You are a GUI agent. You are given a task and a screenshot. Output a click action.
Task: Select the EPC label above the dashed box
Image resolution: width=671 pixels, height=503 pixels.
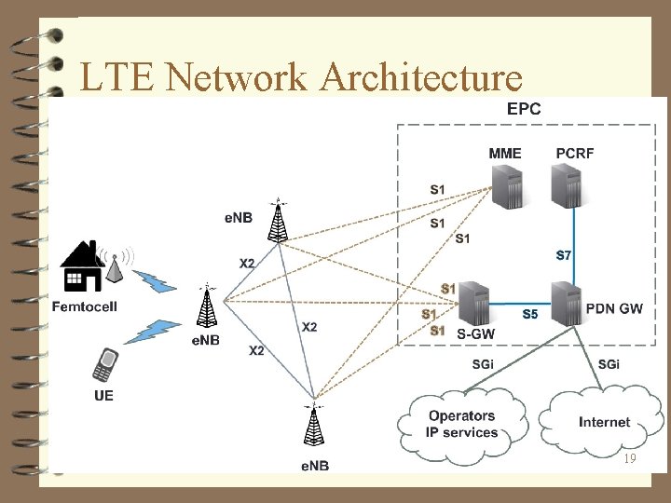[x=523, y=108]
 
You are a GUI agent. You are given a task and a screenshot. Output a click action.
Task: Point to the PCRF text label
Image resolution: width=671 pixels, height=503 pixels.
[x=574, y=153]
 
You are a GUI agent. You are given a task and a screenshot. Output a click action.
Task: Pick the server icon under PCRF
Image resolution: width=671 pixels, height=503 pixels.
[x=568, y=185]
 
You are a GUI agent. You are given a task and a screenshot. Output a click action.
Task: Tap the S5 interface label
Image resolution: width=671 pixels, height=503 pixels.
[x=529, y=315]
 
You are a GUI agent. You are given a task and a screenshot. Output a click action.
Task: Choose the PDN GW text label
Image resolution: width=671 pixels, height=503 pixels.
[x=614, y=309]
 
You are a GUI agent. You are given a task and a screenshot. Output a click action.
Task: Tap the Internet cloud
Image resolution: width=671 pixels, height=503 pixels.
[x=604, y=422]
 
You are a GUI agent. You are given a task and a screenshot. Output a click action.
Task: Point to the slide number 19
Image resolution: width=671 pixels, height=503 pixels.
[x=630, y=459]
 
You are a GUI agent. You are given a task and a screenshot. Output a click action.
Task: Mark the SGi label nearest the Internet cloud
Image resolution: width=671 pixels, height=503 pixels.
[x=609, y=364]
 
